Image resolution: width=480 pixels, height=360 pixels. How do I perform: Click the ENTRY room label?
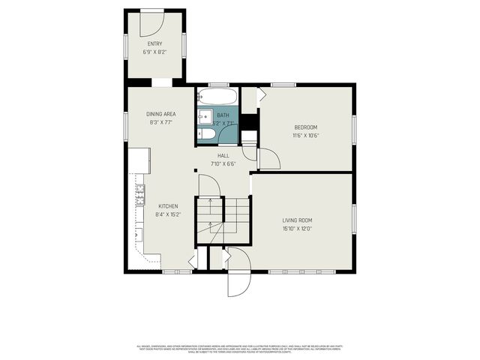pyautogui.click(x=154, y=44)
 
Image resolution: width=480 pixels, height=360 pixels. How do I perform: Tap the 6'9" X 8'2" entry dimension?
pyautogui.click(x=154, y=52)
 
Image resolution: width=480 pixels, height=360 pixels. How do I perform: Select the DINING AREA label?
pyautogui.click(x=161, y=113)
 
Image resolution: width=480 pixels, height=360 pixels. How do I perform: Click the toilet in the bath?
pyautogui.click(x=209, y=134)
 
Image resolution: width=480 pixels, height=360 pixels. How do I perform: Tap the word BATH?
pyautogui.click(x=223, y=115)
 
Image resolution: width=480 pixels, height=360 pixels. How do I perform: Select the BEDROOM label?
pyautogui.click(x=305, y=127)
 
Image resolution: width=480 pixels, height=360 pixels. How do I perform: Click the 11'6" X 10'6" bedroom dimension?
pyautogui.click(x=305, y=136)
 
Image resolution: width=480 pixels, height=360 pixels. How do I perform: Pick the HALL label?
pyautogui.click(x=223, y=155)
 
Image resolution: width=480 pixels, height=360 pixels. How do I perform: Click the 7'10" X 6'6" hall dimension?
pyautogui.click(x=223, y=163)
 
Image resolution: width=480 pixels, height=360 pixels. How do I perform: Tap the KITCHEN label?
pyautogui.click(x=167, y=205)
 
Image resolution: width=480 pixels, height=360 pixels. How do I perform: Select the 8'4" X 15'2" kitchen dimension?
pyautogui.click(x=167, y=214)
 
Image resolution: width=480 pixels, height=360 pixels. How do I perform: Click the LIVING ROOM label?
pyautogui.click(x=297, y=220)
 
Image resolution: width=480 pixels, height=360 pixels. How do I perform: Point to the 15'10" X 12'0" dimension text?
pyautogui.click(x=297, y=229)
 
